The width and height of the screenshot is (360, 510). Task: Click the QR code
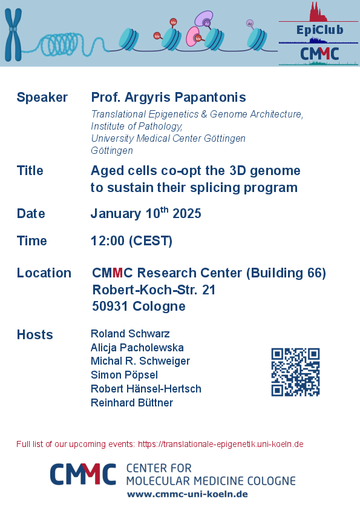(x=295, y=372)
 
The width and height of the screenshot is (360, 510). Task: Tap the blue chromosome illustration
(x=13, y=34)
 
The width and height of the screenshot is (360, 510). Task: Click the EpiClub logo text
(x=320, y=30)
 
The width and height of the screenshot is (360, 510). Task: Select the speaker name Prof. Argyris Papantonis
(x=168, y=97)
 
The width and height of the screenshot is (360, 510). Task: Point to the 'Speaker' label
(x=42, y=97)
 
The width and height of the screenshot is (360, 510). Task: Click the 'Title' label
(x=30, y=170)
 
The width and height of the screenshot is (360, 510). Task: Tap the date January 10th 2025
(x=146, y=213)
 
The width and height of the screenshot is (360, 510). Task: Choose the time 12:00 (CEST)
(x=131, y=241)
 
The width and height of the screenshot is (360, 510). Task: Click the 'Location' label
(x=44, y=273)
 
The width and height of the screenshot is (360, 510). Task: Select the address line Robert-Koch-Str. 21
(x=154, y=290)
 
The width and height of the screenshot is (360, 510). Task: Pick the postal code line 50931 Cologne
(x=139, y=306)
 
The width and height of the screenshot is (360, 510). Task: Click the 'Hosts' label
(x=35, y=334)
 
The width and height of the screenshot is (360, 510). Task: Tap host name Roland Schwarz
(x=130, y=334)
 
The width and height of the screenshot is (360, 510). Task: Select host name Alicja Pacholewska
(x=137, y=348)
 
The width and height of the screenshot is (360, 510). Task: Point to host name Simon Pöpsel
(x=124, y=375)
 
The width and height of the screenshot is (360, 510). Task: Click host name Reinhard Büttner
(x=132, y=403)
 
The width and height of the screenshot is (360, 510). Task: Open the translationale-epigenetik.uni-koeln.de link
(x=220, y=444)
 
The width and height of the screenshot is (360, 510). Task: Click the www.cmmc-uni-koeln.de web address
(x=187, y=494)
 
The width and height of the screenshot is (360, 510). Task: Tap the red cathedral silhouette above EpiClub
(x=318, y=12)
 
